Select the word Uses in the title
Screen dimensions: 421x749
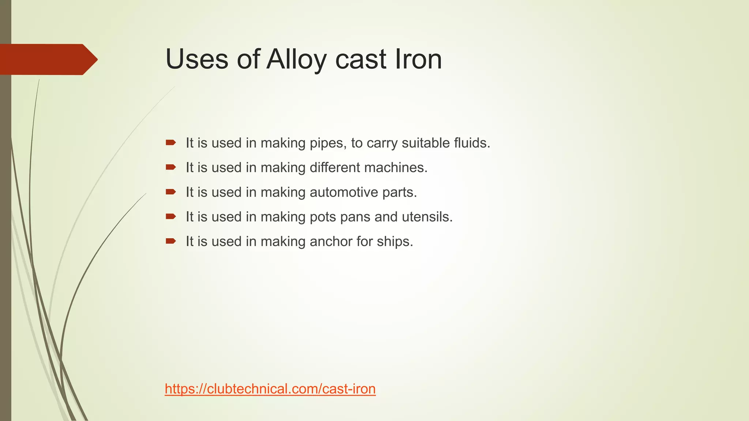pos(197,59)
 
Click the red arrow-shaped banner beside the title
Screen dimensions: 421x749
pos(48,60)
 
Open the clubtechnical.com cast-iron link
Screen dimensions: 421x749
pos(270,389)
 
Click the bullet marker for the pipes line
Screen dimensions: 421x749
pos(170,143)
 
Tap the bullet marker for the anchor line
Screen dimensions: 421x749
pos(170,241)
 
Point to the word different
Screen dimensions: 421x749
pos(335,167)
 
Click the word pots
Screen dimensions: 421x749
pos(323,217)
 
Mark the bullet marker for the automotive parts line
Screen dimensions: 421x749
pos(170,192)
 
